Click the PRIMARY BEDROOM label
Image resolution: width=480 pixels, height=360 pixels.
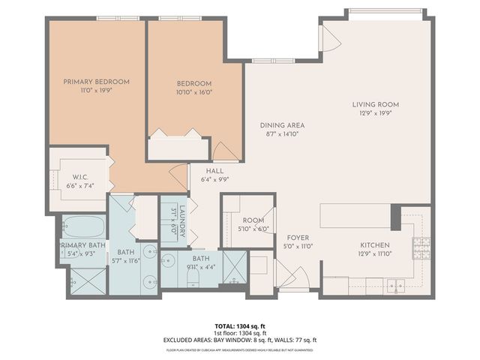(96, 82)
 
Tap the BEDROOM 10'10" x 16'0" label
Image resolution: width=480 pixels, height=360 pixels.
(193, 84)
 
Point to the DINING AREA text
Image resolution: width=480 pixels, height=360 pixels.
(282, 125)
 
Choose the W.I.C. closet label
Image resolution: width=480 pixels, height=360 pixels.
(82, 177)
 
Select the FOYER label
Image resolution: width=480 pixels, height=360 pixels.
(297, 238)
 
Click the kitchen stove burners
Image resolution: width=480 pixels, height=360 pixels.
(421, 244)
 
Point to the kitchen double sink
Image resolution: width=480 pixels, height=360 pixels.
(395, 285)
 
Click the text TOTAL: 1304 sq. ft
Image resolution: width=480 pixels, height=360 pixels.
(240, 325)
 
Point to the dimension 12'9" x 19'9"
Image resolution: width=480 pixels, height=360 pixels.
(376, 113)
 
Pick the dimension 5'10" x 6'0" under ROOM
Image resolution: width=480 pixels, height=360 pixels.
(253, 229)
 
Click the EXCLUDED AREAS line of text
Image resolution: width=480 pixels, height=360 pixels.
(240, 340)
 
